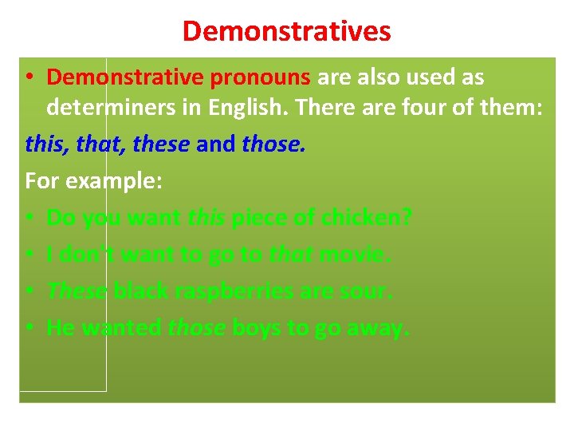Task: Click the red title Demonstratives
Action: (286, 31)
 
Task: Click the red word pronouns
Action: (260, 77)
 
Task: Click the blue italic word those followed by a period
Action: (273, 144)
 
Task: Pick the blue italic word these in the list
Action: (161, 144)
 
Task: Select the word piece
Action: (259, 217)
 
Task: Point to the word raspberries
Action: (236, 291)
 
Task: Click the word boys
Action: (258, 327)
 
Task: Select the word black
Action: (140, 291)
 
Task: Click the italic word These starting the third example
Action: (77, 291)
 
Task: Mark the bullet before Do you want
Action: (29, 218)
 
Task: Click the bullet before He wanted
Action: (29, 328)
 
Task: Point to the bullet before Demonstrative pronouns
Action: (29, 78)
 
